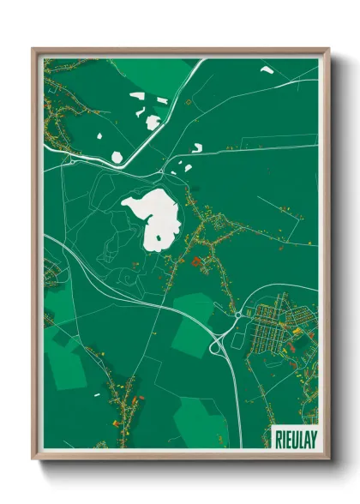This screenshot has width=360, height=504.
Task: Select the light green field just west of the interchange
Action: (x=193, y=321)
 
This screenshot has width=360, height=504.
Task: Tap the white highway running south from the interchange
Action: (x=233, y=403)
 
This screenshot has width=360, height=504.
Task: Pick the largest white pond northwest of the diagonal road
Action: (x=153, y=123)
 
